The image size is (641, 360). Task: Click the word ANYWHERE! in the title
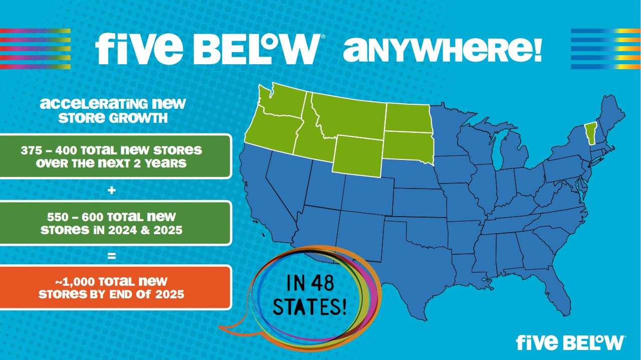(x=442, y=49)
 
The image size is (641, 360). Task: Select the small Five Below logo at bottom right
(x=570, y=342)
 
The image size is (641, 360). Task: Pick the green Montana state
(x=346, y=113)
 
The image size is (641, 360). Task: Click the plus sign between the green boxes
(x=111, y=190)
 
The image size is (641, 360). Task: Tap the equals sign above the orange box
(x=111, y=256)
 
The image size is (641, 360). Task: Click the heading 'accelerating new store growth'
(x=113, y=111)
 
